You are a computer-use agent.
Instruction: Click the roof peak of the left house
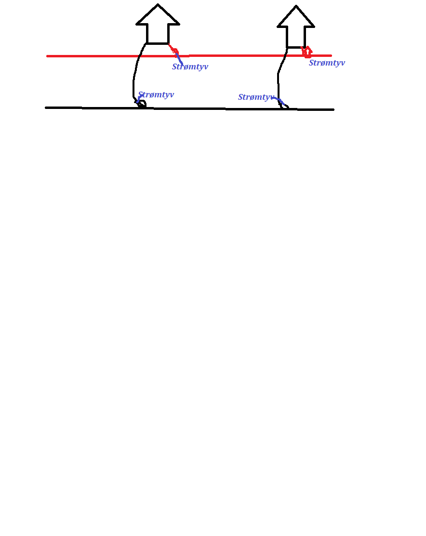point(158,4)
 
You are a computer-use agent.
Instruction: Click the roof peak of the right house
point(296,6)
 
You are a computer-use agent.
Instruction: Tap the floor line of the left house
point(158,43)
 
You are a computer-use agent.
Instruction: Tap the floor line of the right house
point(296,47)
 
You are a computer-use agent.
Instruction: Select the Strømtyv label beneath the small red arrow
point(327,63)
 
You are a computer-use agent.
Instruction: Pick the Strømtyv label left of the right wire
point(256,97)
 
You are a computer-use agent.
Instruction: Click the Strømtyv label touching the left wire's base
point(156,94)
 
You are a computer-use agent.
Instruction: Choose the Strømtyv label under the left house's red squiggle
point(190,67)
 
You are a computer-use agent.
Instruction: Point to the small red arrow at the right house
point(307,52)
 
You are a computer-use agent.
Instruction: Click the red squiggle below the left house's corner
point(174,50)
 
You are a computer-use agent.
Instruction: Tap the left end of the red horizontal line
point(47,56)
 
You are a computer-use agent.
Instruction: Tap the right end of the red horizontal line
point(331,55)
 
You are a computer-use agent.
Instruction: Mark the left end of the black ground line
point(46,107)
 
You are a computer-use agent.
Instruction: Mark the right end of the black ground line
point(333,110)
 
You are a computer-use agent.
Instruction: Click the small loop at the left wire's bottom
point(142,104)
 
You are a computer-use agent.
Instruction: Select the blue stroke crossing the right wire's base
point(278,100)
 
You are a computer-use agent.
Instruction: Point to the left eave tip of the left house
point(137,24)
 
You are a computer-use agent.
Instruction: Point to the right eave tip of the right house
point(314,27)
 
